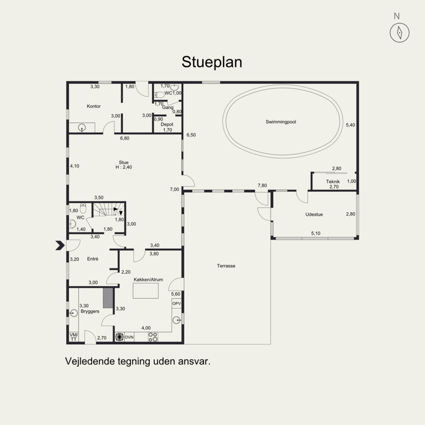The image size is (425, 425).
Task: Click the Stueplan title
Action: (x=211, y=63)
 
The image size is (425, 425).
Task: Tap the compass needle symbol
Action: (x=399, y=33)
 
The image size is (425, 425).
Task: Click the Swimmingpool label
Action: (x=281, y=122)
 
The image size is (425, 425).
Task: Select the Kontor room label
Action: (x=93, y=106)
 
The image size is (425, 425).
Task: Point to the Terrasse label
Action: (x=226, y=266)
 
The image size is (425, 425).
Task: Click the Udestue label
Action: (x=314, y=215)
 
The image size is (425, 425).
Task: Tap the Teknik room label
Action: (x=333, y=182)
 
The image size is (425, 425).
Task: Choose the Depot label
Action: (x=167, y=124)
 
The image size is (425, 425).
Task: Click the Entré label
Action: (x=92, y=259)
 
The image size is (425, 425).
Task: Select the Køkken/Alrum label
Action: (x=148, y=280)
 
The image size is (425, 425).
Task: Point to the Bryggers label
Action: (x=90, y=311)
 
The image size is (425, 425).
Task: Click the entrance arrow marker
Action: (x=60, y=245)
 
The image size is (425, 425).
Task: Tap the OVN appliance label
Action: (x=129, y=337)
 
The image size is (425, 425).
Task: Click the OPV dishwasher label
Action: (x=176, y=303)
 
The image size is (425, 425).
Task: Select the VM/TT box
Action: (x=73, y=337)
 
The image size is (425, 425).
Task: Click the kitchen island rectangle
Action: (x=146, y=291)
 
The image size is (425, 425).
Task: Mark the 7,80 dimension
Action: (x=262, y=185)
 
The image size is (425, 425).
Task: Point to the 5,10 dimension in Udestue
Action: (x=316, y=233)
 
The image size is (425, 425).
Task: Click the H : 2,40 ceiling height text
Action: (x=124, y=167)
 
